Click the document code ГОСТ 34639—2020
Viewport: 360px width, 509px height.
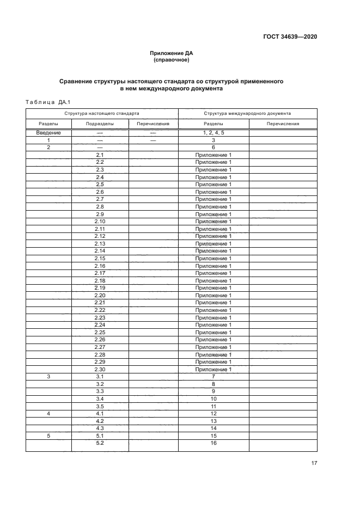pyautogui.click(x=290, y=37)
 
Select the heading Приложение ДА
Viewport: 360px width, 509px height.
pyautogui.click(x=172, y=53)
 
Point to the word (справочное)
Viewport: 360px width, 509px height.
pyautogui.click(x=172, y=60)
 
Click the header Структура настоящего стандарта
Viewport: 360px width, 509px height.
pyautogui.click(x=102, y=114)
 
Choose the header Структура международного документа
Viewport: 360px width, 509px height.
pyautogui.click(x=247, y=114)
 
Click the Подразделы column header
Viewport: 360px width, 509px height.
pyautogui.click(x=100, y=124)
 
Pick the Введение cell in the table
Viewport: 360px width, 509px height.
pyautogui.click(x=48, y=133)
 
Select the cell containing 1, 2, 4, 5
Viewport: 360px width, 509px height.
pyautogui.click(x=213, y=133)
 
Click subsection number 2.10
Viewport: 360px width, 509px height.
pyautogui.click(x=100, y=222)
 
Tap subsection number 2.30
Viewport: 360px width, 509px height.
pyautogui.click(x=100, y=370)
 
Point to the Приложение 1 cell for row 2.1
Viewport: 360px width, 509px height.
pyautogui.click(x=213, y=155)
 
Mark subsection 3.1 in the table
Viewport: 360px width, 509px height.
pyautogui.click(x=100, y=377)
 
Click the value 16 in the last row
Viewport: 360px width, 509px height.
pyautogui.click(x=213, y=443)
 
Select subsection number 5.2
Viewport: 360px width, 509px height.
pyautogui.click(x=100, y=443)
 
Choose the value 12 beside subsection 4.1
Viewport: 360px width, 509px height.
pyautogui.click(x=213, y=414)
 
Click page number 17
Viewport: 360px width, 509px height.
pyautogui.click(x=314, y=463)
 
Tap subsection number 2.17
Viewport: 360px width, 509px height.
pyautogui.click(x=100, y=273)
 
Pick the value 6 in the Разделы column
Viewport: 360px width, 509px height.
pyautogui.click(x=213, y=148)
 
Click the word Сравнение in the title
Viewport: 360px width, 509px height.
pyautogui.click(x=81, y=81)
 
